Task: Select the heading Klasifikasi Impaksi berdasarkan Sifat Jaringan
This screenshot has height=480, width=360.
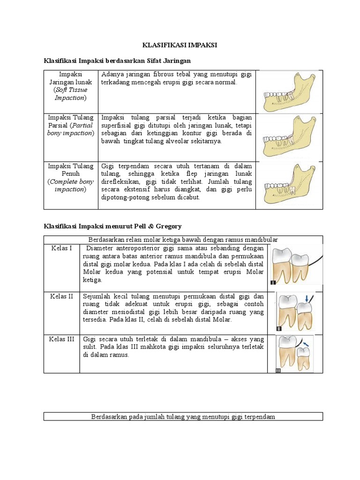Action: [x=117, y=61]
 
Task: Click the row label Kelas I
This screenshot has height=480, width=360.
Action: [x=61, y=248]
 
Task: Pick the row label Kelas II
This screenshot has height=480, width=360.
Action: [x=61, y=296]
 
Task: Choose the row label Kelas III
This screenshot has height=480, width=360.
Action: [x=61, y=339]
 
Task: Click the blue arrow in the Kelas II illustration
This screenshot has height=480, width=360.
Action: [x=307, y=298]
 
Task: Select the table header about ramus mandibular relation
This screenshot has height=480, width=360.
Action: [x=183, y=239]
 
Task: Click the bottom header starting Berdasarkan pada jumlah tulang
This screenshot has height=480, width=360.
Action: [x=183, y=417]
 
